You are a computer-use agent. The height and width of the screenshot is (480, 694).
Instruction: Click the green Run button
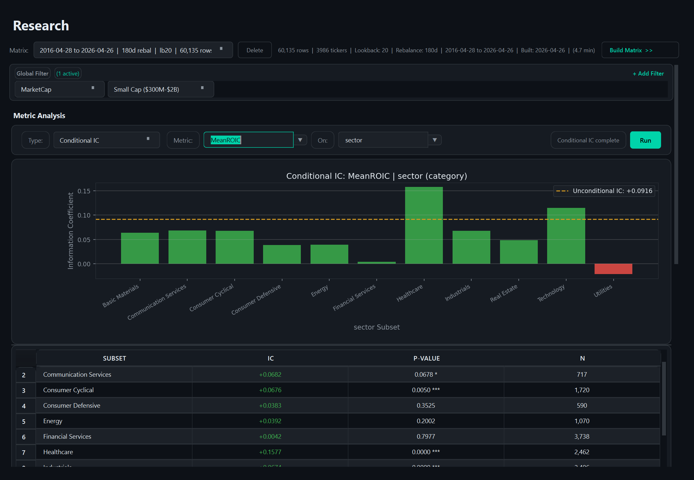[x=645, y=140]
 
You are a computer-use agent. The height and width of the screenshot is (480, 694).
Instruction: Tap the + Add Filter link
[x=648, y=74]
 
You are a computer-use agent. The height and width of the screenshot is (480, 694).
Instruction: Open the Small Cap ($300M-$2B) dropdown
[x=160, y=89]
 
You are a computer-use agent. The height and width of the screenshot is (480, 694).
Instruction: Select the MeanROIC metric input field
[x=248, y=140]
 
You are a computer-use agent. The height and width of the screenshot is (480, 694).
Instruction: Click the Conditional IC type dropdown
[x=106, y=140]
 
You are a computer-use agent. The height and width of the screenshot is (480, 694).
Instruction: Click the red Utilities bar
[x=613, y=269]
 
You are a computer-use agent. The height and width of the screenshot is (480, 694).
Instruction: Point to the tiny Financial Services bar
[x=376, y=263]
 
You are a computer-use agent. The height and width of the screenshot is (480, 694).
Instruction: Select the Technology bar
[x=566, y=236]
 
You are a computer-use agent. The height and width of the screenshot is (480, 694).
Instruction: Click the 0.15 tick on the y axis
[x=84, y=191]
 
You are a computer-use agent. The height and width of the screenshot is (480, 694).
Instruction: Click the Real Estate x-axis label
[x=504, y=293]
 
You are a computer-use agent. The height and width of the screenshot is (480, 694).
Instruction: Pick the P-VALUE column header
[x=426, y=358]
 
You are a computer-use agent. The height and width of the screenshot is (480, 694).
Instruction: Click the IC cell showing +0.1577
[x=270, y=452]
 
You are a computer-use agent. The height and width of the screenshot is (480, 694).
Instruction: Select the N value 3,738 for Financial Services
[x=582, y=436]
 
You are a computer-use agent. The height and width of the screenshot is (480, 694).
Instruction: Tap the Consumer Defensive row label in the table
[x=72, y=405]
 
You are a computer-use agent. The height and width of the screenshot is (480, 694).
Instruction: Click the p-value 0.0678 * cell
[x=425, y=374]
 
